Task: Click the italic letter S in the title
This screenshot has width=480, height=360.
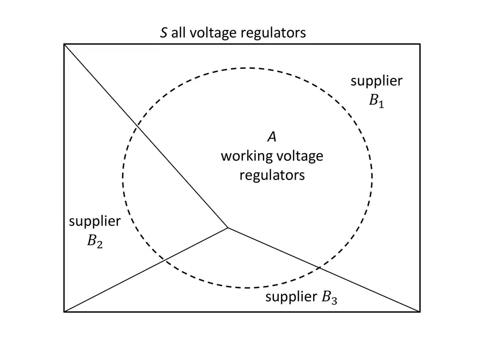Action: pos(163,33)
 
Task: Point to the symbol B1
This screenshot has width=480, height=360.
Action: pos(376,100)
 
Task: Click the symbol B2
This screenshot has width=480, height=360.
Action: pos(95,241)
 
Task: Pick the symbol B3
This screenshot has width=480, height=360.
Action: pos(330,297)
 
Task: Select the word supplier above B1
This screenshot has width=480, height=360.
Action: pos(376,81)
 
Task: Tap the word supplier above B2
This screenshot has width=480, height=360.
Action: pos(95,221)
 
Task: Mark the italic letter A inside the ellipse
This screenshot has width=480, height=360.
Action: pos(272,136)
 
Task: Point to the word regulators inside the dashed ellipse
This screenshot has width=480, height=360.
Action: pos(272,176)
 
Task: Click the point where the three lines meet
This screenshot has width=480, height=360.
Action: pos(227,227)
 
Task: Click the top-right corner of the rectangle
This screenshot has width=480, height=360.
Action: pos(420,44)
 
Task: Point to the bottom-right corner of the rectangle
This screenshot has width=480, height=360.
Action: pos(420,312)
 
